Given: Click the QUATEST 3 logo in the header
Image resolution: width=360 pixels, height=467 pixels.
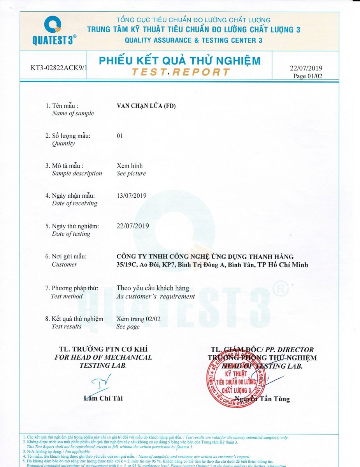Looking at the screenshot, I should point(54,31).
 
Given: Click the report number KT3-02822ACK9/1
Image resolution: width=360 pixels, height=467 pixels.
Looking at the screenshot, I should point(59,68).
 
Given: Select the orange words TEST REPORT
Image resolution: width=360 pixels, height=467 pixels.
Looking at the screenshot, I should point(181,72).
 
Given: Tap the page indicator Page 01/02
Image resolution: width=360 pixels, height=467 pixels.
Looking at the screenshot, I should point(307,76).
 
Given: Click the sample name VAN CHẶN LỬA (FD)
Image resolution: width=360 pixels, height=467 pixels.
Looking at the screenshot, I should point(144,105).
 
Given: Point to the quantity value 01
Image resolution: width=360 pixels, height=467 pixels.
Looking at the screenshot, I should point(120,136).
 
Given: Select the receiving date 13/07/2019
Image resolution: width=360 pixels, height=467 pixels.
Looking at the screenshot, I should point(132,196).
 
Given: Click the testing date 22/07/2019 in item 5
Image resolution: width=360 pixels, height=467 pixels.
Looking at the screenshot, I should point(133,226).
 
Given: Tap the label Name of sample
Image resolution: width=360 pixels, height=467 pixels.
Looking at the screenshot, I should point(73,113).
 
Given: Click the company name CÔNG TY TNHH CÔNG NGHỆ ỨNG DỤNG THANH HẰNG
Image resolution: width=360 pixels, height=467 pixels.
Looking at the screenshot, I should point(205,256).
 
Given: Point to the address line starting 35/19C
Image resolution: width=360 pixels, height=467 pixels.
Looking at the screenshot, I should point(212,265).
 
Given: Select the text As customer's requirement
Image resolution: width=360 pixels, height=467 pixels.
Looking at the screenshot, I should point(156,296).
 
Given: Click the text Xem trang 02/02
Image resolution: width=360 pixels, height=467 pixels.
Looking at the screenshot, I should point(139,319).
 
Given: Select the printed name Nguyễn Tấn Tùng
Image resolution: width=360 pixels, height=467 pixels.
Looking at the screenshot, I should point(262,399).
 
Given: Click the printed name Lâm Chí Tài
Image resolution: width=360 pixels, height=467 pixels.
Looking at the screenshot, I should point(103,398).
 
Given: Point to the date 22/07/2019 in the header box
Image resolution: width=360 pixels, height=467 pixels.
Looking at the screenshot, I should point(306,68).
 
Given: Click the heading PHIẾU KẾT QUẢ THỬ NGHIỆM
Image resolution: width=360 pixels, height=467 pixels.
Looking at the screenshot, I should point(179,61).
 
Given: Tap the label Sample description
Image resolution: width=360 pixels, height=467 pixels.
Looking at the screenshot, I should point(77,174).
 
